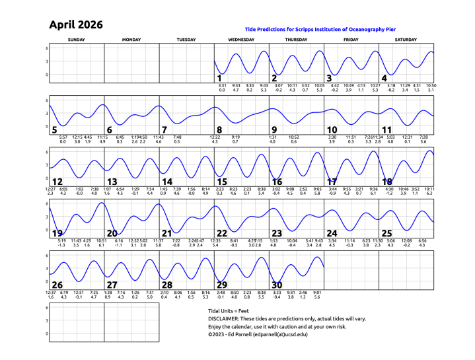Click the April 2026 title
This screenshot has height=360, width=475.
tap(75, 25)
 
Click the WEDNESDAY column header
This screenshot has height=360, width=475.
tap(241, 40)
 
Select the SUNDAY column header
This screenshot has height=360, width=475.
tap(76, 40)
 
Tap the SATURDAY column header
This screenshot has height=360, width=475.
tap(406, 40)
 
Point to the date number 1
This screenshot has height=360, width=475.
tap(219, 78)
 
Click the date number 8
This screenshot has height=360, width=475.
tap(219, 129)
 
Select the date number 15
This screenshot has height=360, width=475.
tap(222, 182)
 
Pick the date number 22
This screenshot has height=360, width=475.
tap(222, 233)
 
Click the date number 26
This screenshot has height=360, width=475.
tap(57, 285)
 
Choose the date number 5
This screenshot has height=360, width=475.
tap(54, 129)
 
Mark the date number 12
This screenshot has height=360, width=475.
tap(57, 182)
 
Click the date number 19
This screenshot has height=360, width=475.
tap(57, 233)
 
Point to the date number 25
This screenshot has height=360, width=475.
tap(387, 233)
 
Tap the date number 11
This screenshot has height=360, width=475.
tap(387, 129)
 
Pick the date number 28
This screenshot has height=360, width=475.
tap(167, 285)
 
